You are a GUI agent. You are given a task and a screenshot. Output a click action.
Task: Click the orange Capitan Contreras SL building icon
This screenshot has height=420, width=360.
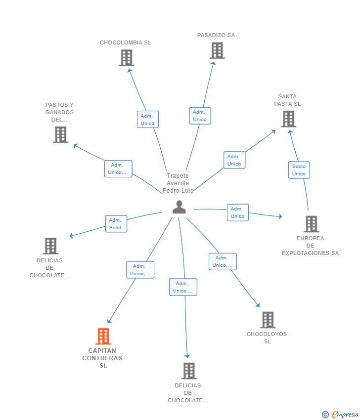coord(103,336)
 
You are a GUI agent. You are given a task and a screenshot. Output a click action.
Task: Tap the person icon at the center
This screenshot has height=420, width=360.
coord(179,207)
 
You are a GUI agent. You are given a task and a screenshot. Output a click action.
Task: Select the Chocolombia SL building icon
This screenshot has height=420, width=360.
coord(127,58)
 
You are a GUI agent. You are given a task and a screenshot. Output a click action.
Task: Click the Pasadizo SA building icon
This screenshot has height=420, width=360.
coord(217,50)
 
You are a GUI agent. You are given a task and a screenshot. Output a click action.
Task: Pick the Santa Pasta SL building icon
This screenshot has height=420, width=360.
coord(288,119)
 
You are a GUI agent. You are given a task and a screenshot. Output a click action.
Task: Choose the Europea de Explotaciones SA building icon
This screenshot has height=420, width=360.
coord(312,224)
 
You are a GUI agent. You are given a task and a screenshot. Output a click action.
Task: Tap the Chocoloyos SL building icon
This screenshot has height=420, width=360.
coord(268,320)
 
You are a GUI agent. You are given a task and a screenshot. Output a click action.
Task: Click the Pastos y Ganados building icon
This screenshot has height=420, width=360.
coord(61,135)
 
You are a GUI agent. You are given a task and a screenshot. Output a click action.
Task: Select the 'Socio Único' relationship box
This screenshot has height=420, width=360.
coord(299,170)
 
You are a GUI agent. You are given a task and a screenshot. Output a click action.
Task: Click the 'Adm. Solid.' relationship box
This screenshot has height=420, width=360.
coord(116,224)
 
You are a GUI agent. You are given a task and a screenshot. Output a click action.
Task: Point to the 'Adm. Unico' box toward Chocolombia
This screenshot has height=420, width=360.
coord(148,120)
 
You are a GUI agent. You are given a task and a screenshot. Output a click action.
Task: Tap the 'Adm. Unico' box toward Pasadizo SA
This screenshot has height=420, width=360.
coord(200,116)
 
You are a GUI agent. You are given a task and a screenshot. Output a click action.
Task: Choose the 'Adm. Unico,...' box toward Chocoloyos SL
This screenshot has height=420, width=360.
coord(223,261)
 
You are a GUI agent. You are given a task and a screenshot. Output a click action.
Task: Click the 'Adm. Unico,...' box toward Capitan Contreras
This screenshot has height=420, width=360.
coord(140,270)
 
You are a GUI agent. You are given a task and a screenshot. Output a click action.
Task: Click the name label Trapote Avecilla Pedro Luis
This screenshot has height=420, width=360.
coord(178,183)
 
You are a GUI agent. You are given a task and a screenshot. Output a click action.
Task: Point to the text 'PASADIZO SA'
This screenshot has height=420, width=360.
coord(216,35)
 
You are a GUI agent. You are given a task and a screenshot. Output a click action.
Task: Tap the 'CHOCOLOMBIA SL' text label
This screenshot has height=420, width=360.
coord(126,42)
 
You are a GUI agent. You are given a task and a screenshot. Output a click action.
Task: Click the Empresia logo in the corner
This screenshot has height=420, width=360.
coord(340,414)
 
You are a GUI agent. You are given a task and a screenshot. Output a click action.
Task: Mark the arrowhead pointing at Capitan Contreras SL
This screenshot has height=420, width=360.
coord(109,321)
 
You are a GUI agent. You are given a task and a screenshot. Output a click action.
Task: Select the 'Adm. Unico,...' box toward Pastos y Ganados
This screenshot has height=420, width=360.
coord(118,169)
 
